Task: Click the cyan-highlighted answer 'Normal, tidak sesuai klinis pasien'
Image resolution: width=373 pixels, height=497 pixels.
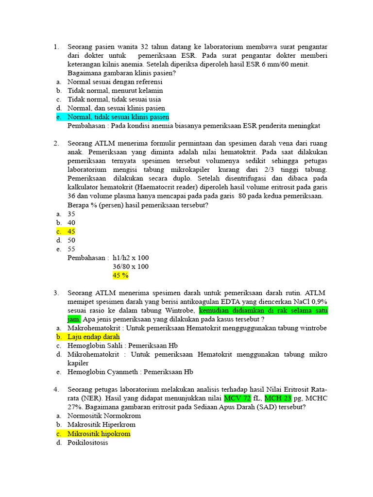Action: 118,117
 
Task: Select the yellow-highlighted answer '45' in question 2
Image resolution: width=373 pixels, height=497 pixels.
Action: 71,232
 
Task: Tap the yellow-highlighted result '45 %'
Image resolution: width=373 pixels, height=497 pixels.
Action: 120,275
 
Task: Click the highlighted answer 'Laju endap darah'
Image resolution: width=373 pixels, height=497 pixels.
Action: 93,337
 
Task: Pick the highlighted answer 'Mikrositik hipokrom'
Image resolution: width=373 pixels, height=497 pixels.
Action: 99,434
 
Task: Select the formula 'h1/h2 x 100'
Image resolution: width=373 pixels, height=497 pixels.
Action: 131,258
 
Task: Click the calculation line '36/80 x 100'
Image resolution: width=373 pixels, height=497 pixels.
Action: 131,266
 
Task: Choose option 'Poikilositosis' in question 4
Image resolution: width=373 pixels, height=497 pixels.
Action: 88,443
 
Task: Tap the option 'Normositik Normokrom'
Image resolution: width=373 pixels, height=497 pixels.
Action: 104,416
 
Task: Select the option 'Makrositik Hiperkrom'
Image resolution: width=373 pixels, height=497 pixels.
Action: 102,425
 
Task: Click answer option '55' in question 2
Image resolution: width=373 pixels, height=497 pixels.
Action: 71,249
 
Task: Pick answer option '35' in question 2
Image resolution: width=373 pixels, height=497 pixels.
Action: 71,214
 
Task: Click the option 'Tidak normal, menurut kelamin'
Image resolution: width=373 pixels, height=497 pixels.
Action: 115,91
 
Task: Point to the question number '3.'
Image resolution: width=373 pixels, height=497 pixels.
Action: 56,293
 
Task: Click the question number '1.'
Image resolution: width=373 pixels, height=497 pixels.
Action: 56,47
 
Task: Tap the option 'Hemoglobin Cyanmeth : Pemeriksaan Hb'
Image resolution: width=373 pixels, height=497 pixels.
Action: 130,372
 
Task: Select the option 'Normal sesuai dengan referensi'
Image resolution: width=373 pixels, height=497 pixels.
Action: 115,82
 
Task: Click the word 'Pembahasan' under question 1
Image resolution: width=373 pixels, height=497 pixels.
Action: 87,126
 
